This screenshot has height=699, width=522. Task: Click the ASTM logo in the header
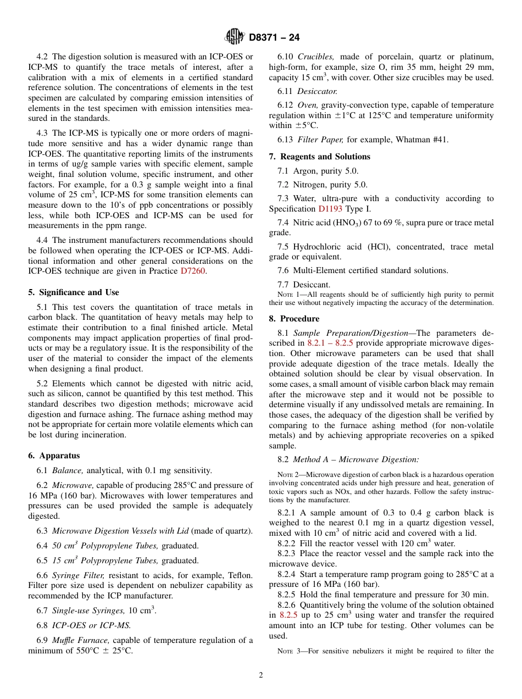pyautogui.click(x=235, y=37)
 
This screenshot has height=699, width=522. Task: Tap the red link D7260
pyautogui.click(x=193, y=271)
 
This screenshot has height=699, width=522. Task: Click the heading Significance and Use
pyautogui.click(x=74, y=292)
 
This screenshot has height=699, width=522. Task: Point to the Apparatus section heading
pyautogui.click(x=54, y=456)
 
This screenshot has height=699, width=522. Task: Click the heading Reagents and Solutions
pyautogui.click(x=319, y=157)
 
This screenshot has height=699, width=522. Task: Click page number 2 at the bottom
pyautogui.click(x=261, y=675)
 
